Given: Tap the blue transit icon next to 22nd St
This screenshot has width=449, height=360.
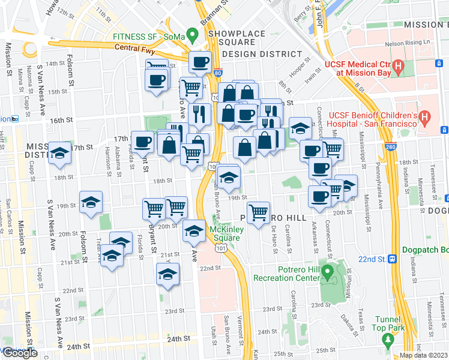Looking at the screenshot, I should click(393, 259).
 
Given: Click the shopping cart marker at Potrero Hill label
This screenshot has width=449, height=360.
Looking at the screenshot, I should click(258, 212).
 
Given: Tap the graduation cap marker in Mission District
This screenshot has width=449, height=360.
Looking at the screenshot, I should click(60, 153).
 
